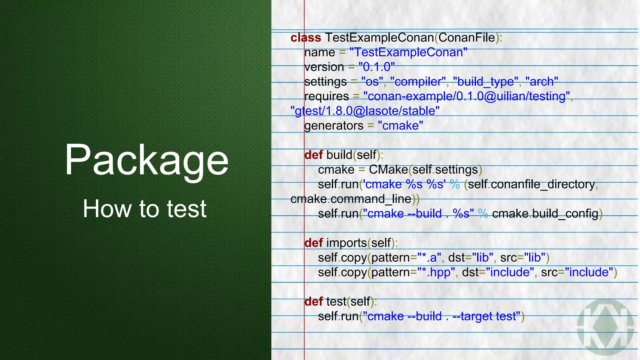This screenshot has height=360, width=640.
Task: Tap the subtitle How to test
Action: click(144, 209)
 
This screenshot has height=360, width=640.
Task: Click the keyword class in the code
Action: click(306, 38)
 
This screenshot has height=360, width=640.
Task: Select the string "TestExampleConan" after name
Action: click(408, 52)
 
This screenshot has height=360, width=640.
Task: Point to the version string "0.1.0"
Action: click(377, 67)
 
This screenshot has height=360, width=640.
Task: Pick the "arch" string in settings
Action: click(542, 82)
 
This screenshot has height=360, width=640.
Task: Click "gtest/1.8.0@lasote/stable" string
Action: click(365, 111)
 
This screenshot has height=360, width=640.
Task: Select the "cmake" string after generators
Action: click(400, 126)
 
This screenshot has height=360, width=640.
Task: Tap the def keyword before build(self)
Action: click(313, 155)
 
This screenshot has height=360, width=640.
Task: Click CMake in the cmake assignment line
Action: click(388, 170)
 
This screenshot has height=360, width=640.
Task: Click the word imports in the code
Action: click(347, 243)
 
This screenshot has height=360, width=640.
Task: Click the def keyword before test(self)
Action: click(313, 302)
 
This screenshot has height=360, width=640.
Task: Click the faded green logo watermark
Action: click(605, 327)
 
